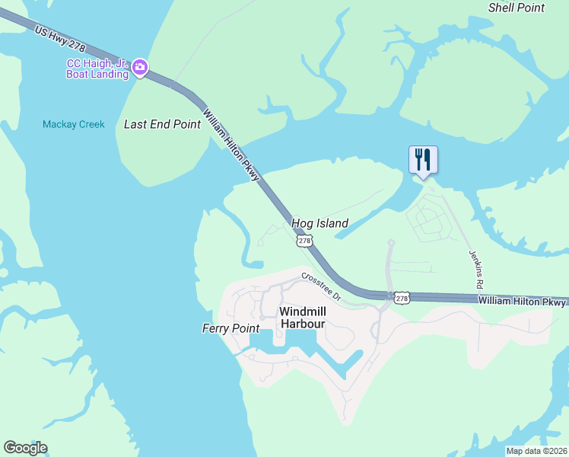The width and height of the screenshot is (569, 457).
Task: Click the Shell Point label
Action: pos(517,8)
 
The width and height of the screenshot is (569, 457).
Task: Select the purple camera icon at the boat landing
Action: pos(140,69)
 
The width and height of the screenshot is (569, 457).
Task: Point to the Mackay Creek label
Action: pos(74,124)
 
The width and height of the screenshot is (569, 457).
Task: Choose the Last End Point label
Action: pos(162,124)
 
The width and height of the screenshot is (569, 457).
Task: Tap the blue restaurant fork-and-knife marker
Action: pos(424,159)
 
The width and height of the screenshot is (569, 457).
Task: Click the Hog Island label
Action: pos(319,223)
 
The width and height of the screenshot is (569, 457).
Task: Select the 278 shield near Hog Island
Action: pos(304,240)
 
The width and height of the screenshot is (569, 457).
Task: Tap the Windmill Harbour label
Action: pos(303,318)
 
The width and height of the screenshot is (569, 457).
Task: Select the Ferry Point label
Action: pos(230,328)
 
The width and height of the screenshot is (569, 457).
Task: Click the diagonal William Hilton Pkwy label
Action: pos(231,145)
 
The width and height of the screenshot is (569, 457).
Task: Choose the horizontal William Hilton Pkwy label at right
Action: pos(523,302)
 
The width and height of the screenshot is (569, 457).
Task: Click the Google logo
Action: pos(25,448)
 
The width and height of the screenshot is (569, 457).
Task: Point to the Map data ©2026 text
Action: pos(536,451)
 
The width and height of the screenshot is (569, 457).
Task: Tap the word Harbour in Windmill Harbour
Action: pos(303,324)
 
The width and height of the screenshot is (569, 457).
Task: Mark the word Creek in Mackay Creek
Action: pos(89,124)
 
